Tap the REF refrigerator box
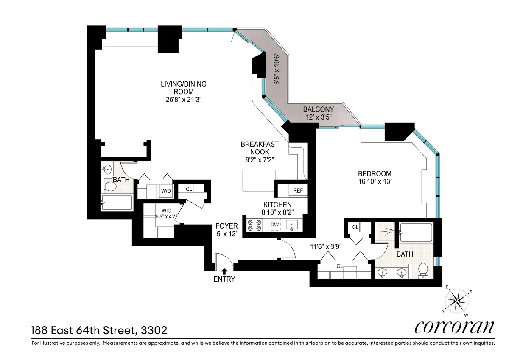[298, 190]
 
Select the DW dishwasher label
[274, 224]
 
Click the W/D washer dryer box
[165, 191]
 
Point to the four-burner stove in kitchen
[254, 225]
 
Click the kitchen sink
[292, 224]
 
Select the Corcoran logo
[454, 327]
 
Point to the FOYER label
[226, 230]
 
